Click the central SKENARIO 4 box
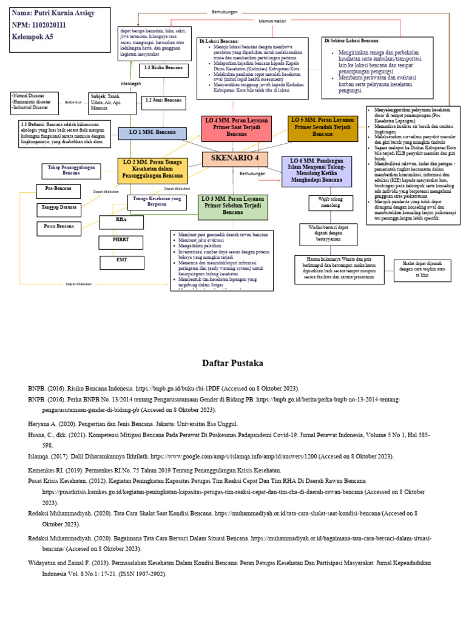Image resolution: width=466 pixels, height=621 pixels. (230, 159)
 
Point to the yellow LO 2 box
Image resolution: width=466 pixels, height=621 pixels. (153, 170)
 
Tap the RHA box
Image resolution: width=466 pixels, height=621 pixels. (121, 221)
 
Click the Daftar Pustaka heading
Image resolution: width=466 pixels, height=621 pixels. (232, 364)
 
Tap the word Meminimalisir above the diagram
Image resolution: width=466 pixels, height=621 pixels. (272, 21)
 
